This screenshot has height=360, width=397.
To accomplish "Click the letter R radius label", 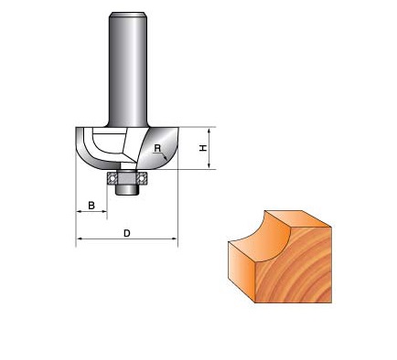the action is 157,148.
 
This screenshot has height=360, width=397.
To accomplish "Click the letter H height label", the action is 203,148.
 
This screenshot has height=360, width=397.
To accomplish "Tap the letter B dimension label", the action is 91,206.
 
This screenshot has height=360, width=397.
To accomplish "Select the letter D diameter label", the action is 127,233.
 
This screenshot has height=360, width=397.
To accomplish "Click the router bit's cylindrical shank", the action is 128,69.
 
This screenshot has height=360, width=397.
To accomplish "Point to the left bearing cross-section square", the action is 112,178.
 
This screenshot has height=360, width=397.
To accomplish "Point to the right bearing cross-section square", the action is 142,178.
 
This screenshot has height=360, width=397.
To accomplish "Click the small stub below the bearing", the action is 126,189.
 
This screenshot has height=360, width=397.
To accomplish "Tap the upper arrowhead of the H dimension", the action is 209,131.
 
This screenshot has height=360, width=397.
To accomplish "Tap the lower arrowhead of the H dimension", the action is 209,165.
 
